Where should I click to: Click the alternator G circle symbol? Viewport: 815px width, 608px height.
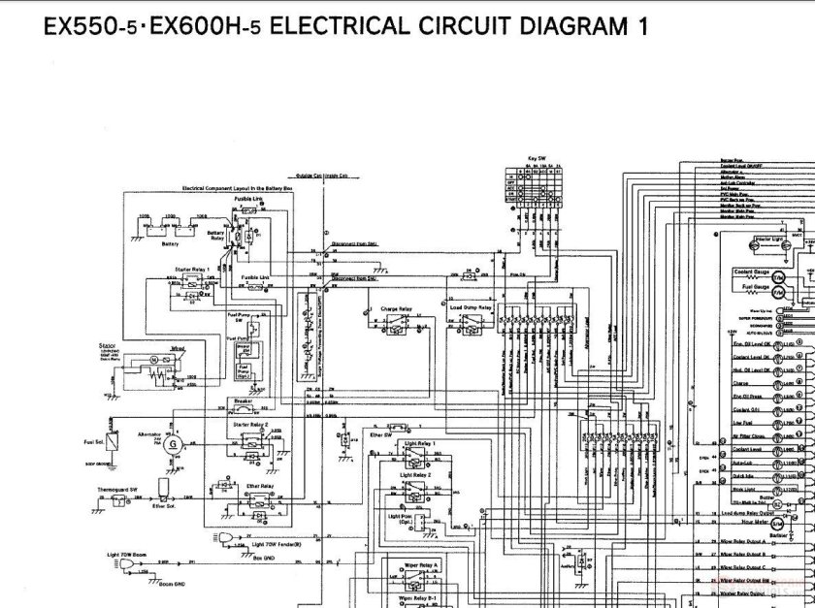(174, 443)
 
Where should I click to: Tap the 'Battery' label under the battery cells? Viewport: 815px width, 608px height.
(170, 243)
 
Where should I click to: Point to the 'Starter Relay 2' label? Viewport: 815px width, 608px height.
(250, 424)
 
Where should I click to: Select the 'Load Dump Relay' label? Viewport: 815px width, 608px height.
(472, 307)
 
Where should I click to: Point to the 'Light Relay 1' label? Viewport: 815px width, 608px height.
(419, 442)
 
